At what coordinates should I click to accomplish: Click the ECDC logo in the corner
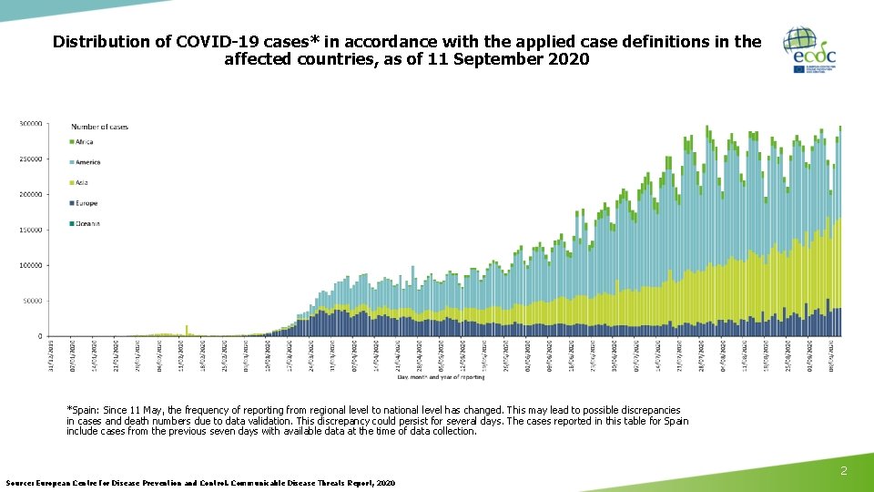pyautogui.click(x=810, y=51)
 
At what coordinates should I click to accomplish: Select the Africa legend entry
pyautogui.click(x=83, y=142)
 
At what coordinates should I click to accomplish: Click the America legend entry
pyautogui.click(x=86, y=162)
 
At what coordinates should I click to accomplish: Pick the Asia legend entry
pyautogui.click(x=81, y=183)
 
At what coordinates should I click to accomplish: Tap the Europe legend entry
pyautogui.click(x=85, y=203)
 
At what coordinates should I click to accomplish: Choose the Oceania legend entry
pyautogui.click(x=86, y=223)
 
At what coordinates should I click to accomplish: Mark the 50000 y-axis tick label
pyautogui.click(x=33, y=301)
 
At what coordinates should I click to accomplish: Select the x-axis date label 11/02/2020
pyautogui.click(x=180, y=351)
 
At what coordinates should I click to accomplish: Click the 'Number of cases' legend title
pyautogui.click(x=99, y=127)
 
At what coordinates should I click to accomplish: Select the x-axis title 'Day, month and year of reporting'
pyautogui.click(x=441, y=376)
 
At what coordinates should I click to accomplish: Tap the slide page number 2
pyautogui.click(x=844, y=471)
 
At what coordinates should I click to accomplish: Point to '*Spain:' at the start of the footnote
pyautogui.click(x=85, y=411)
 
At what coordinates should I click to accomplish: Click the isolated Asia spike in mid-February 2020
pyautogui.click(x=187, y=330)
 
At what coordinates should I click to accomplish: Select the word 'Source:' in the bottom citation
pyautogui.click(x=19, y=482)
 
